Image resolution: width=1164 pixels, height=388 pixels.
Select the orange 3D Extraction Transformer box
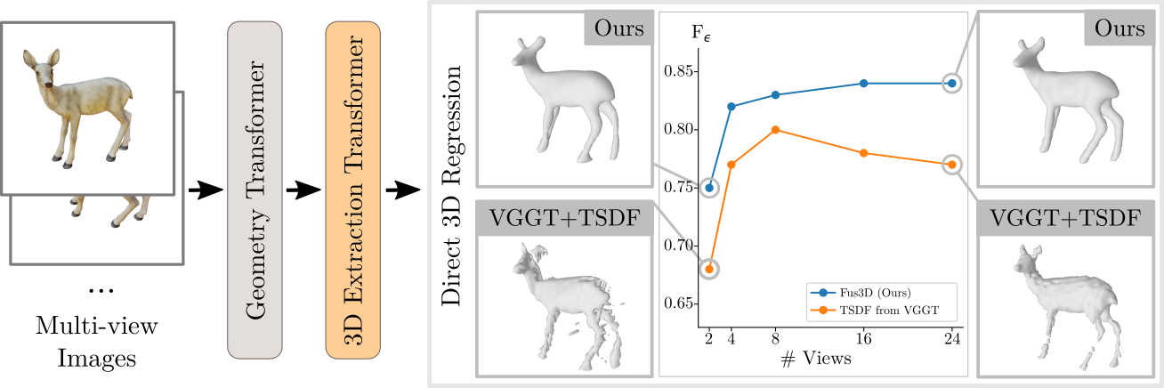click(x=353, y=191)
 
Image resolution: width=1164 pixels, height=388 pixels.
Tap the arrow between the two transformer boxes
click(x=303, y=190)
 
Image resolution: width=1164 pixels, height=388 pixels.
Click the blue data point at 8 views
click(x=776, y=95)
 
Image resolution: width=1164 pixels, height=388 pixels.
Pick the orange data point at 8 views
click(x=776, y=130)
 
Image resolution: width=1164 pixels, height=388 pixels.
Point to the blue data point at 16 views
click(x=863, y=84)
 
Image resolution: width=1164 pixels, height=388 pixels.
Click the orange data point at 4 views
click(x=732, y=165)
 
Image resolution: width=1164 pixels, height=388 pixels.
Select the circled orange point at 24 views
click(x=952, y=165)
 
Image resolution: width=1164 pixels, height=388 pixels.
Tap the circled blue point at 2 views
click(x=709, y=188)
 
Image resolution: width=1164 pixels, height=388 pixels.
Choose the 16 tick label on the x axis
click(x=863, y=339)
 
